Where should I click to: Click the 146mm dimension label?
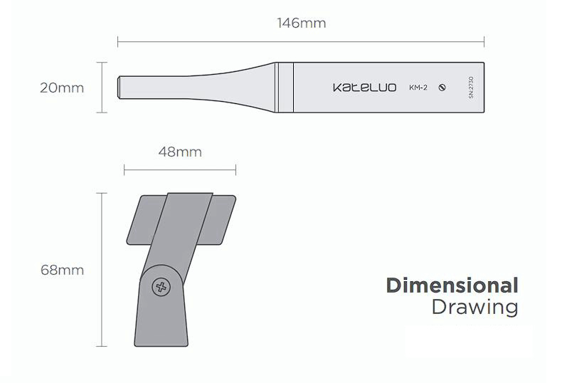(302, 23)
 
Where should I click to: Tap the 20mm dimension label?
(62, 88)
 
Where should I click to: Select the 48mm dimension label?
(180, 152)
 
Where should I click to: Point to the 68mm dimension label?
(62, 270)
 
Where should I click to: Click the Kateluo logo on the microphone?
(364, 88)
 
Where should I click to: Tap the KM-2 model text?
(418, 88)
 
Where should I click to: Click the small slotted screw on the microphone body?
(442, 88)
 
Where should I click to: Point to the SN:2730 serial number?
(471, 88)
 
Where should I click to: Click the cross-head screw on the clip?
(161, 286)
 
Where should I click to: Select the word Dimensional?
(452, 285)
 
